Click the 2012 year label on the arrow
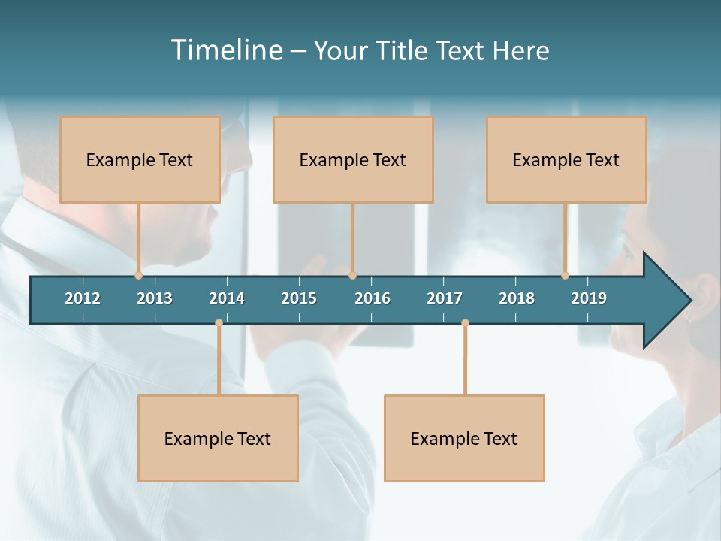tap(83, 298)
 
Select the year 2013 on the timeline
tap(155, 298)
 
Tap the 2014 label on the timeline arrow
tap(227, 298)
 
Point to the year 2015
tap(299, 298)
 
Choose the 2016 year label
tap(373, 298)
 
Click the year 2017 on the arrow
tap(445, 298)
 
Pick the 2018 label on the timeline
tap(517, 298)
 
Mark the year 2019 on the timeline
tap(589, 298)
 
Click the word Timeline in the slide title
tap(226, 50)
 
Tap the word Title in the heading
tap(403, 50)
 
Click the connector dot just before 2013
tap(138, 276)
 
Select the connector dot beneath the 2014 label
tap(219, 323)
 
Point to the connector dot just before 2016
tap(352, 276)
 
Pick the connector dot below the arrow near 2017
tap(465, 323)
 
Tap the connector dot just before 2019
tap(565, 276)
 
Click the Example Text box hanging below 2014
tap(218, 438)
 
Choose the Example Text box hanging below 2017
tap(464, 438)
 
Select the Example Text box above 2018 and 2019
tap(566, 159)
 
